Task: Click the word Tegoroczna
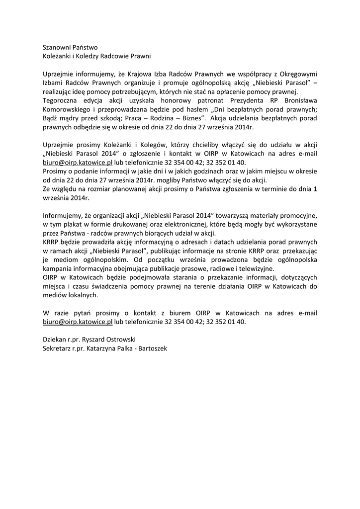pyautogui.click(x=60, y=101)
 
